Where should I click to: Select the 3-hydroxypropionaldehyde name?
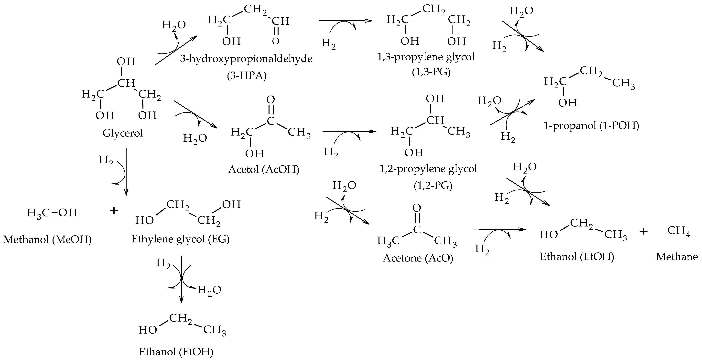coord(246,59)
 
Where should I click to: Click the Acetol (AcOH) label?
coord(264,170)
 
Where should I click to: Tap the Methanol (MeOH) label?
coord(47,240)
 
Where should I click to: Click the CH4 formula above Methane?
coord(679,231)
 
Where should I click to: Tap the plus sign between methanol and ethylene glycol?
coord(114,211)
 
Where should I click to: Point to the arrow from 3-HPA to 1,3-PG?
coord(345,20)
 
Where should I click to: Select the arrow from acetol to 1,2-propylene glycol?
coord(349,131)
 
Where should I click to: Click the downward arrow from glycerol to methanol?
coord(126,172)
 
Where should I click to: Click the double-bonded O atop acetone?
coord(417,208)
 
